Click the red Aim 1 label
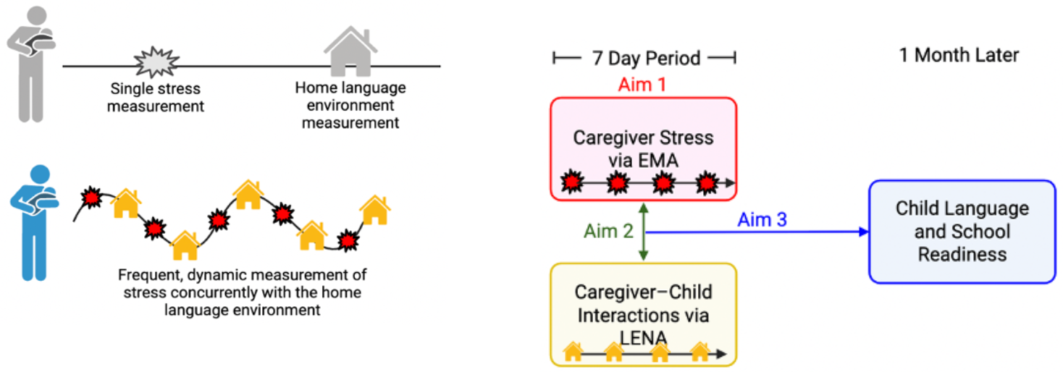coord(642,85)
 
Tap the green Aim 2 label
coord(608,231)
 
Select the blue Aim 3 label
coord(762,219)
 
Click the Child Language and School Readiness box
coord(962,232)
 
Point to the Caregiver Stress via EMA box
coord(643,148)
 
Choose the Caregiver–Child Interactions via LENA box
coord(643,313)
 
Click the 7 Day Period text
coord(646,59)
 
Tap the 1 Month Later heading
coord(959,55)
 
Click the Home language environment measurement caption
coord(350,106)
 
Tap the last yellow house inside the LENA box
coord(699,352)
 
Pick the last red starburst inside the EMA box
coord(706,184)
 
